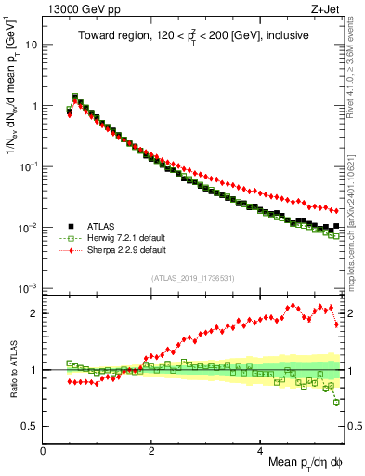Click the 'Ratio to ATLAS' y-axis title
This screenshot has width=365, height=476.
coord(12,369)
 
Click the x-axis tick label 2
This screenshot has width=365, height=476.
coord(151,450)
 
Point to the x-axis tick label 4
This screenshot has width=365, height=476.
coord(260,450)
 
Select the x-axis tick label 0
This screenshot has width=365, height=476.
coord(43,450)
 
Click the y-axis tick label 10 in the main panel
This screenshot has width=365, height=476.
coord(31,45)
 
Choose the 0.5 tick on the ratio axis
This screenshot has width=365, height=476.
coord(30,426)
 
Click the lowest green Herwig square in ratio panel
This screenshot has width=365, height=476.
coord(336,402)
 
